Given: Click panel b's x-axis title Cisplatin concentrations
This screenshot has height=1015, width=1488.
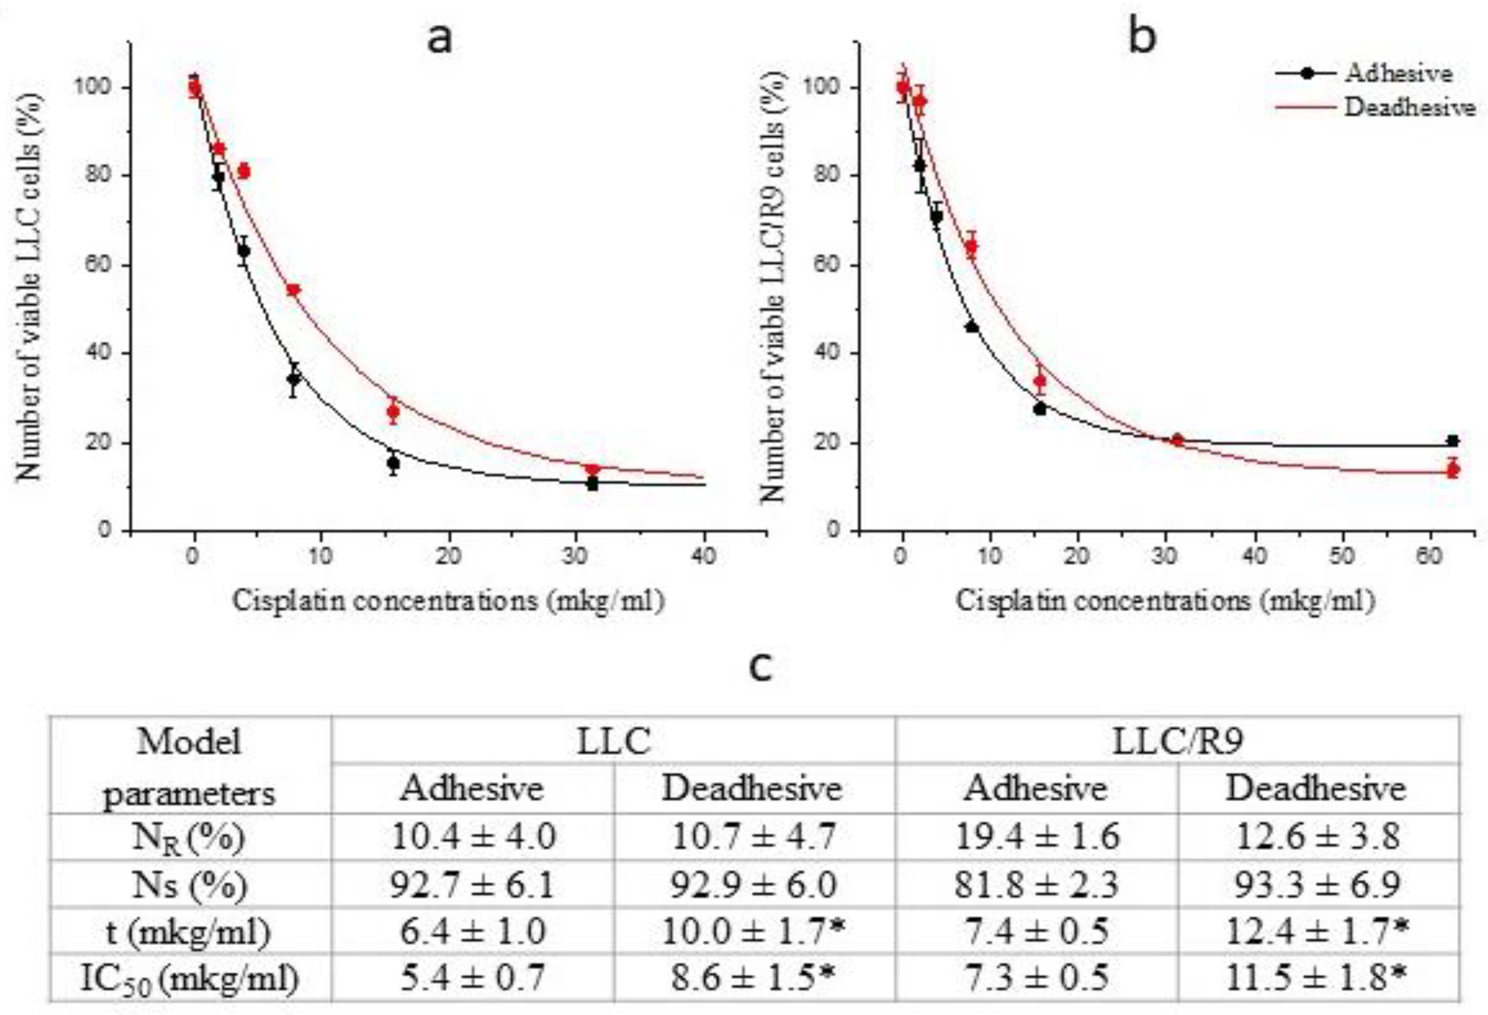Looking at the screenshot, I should pyautogui.click(x=1165, y=600).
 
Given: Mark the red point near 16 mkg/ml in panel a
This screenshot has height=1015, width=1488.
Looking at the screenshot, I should pyautogui.click(x=393, y=412).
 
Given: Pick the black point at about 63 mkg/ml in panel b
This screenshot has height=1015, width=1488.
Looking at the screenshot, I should pyautogui.click(x=1453, y=441).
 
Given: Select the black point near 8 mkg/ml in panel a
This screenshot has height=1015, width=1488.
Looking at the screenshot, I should pyautogui.click(x=293, y=379).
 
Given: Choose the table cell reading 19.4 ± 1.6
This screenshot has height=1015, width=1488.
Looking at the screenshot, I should pyautogui.click(x=1036, y=837).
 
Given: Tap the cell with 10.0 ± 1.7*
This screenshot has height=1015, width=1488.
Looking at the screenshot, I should pyautogui.click(x=754, y=932).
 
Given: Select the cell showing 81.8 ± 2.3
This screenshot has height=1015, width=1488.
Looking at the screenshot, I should pyautogui.click(x=1036, y=885).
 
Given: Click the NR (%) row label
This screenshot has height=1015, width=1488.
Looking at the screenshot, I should pyautogui.click(x=189, y=837).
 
